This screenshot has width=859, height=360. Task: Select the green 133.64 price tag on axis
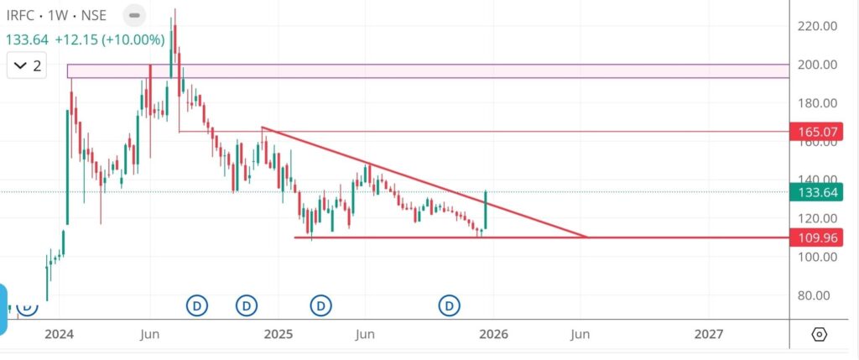tap(816, 192)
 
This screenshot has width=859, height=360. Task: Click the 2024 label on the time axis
tap(60, 334)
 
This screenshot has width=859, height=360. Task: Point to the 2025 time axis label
tap(277, 334)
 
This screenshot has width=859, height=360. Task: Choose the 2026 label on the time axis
tap(493, 334)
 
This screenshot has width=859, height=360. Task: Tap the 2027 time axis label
tap(710, 334)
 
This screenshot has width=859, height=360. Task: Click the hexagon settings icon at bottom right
tap(820, 334)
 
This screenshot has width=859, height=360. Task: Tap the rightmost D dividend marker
tap(450, 305)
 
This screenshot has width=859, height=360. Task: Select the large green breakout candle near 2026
tap(486, 211)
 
